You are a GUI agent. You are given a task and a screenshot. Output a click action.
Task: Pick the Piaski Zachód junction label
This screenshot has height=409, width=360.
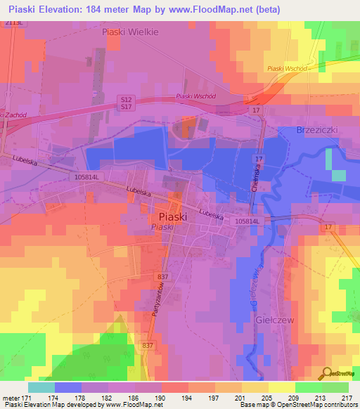click(x=12, y=115)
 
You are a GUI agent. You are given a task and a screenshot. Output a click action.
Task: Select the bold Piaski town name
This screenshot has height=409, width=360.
click(x=172, y=217)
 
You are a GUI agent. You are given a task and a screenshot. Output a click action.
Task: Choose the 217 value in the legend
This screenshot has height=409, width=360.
click(x=345, y=398)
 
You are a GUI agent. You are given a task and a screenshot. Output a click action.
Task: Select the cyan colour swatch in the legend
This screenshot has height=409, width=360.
click(x=41, y=387)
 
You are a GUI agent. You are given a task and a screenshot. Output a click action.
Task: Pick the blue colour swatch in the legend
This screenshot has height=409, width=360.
click(x=68, y=387)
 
